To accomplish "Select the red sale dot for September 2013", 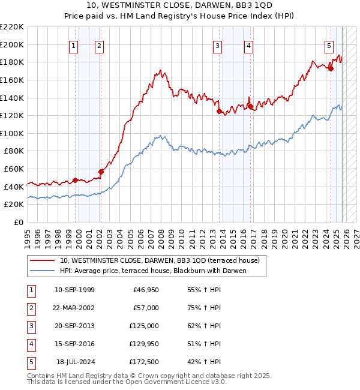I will point(219,111).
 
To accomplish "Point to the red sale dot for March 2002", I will point(101,172).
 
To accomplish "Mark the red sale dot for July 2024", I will point(331,68).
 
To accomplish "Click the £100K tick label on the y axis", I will point(13,133).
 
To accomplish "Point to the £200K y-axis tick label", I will point(13,44).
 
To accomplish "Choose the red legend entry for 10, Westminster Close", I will point(159,260).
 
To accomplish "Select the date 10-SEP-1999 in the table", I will point(74,290).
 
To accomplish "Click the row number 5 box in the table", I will point(31,362).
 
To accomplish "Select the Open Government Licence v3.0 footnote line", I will point(127,382).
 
